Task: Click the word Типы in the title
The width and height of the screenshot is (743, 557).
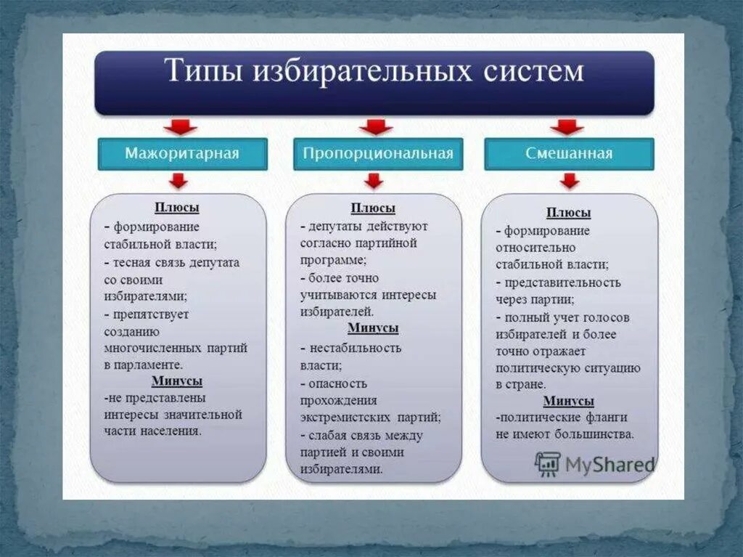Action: point(204,73)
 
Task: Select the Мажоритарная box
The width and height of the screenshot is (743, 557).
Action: point(182,154)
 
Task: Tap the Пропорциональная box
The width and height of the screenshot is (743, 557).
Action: point(377,154)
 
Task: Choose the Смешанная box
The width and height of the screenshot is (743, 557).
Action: point(569,154)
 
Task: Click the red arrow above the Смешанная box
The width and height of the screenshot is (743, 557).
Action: point(567,127)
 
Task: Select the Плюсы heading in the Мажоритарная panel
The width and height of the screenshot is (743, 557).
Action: point(176,208)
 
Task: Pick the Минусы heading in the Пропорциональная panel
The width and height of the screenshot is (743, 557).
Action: point(373,328)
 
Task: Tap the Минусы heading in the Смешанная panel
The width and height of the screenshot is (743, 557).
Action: point(569,401)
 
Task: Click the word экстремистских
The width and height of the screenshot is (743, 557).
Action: point(347,418)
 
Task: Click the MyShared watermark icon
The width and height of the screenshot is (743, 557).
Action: point(548,463)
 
